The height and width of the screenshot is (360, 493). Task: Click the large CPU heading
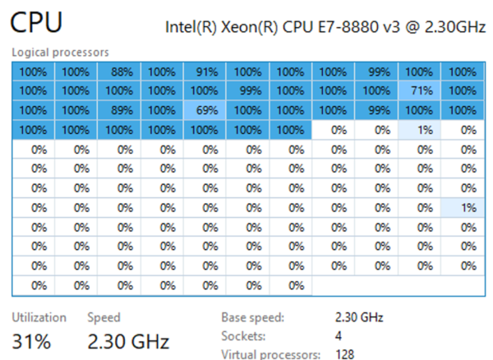(36, 23)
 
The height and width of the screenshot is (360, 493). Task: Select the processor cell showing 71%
(418, 90)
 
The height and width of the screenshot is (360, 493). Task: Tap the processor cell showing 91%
(205, 72)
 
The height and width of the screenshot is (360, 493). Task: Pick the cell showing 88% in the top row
(119, 72)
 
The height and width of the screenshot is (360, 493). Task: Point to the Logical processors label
(60, 53)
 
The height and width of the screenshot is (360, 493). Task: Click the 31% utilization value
(30, 339)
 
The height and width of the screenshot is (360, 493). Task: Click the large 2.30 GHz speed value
(128, 339)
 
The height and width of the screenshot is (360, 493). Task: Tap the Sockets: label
(242, 336)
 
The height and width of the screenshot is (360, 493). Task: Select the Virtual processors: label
(270, 354)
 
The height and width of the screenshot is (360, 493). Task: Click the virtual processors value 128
(346, 354)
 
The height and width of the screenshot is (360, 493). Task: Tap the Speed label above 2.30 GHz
(104, 317)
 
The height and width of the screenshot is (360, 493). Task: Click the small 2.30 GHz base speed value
(359, 317)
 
